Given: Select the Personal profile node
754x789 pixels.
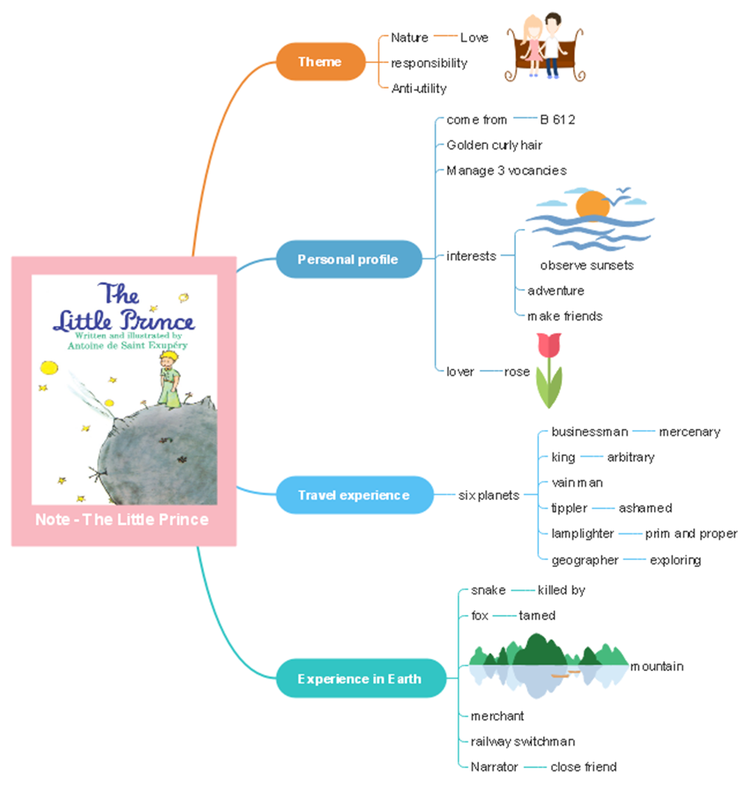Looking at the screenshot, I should click(349, 259).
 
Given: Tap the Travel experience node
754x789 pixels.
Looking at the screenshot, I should click(354, 495).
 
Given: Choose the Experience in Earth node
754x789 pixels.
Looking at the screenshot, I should click(360, 679).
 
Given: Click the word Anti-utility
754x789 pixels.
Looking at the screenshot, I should click(419, 89).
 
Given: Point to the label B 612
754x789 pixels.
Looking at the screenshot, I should click(558, 119).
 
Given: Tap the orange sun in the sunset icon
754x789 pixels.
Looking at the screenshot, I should click(592, 205).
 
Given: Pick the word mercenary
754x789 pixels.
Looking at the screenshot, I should click(689, 431).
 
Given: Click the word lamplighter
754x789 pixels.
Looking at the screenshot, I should click(582, 533).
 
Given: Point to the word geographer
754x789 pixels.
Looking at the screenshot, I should click(585, 560).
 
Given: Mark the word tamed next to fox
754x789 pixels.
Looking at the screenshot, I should click(537, 616).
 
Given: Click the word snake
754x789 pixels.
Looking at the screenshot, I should click(488, 590).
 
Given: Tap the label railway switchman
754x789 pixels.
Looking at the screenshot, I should click(523, 741).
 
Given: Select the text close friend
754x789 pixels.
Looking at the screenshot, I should click(583, 767).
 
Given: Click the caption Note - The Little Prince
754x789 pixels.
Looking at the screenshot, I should click(122, 519).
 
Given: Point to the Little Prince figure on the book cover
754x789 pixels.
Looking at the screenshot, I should click(169, 378).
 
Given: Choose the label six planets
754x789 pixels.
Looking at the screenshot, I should click(488, 495).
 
